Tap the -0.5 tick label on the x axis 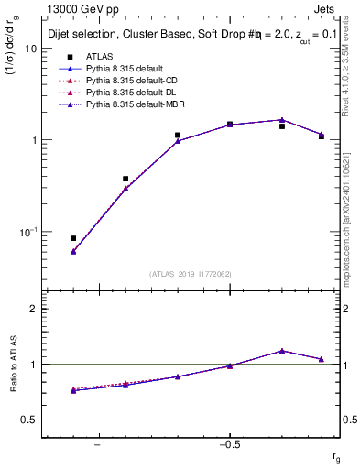coord(229,444)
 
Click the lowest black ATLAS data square coord(73,238)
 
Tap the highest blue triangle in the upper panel coord(282,120)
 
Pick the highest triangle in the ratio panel coord(282,351)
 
